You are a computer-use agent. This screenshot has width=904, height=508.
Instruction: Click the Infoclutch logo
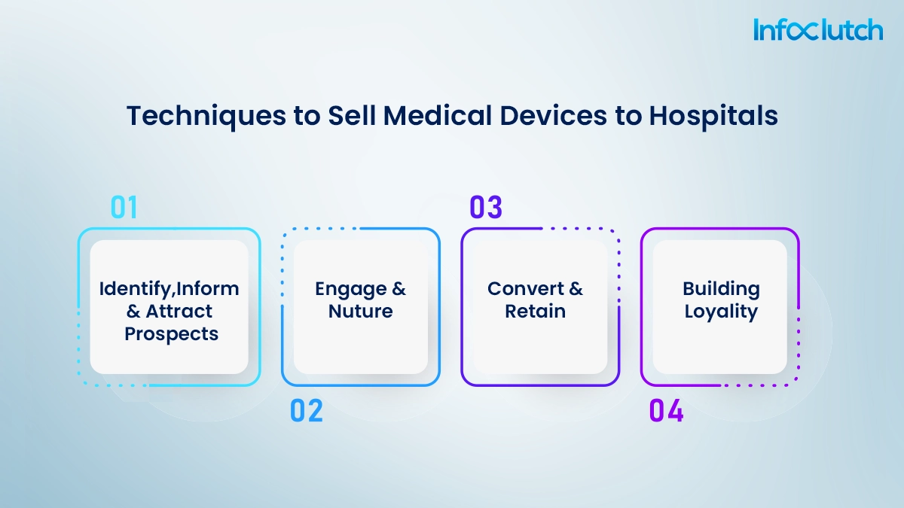[817, 30]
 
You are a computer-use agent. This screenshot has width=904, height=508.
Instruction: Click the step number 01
[124, 208]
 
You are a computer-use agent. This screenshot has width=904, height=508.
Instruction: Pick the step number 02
[306, 410]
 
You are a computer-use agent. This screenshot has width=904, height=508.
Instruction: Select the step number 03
[486, 208]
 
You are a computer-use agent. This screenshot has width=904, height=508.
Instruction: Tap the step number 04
[666, 411]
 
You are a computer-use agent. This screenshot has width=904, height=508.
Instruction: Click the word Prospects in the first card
[171, 333]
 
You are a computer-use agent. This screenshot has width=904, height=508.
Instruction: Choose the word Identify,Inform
[169, 289]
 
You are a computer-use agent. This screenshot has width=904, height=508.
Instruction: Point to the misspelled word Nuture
[360, 312]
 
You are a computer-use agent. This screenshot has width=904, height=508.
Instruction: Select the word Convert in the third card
[526, 289]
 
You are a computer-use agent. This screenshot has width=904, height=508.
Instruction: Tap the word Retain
[535, 312]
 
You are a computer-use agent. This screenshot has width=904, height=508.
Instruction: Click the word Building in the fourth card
[721, 289]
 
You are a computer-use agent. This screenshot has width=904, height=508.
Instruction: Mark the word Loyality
[721, 312]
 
